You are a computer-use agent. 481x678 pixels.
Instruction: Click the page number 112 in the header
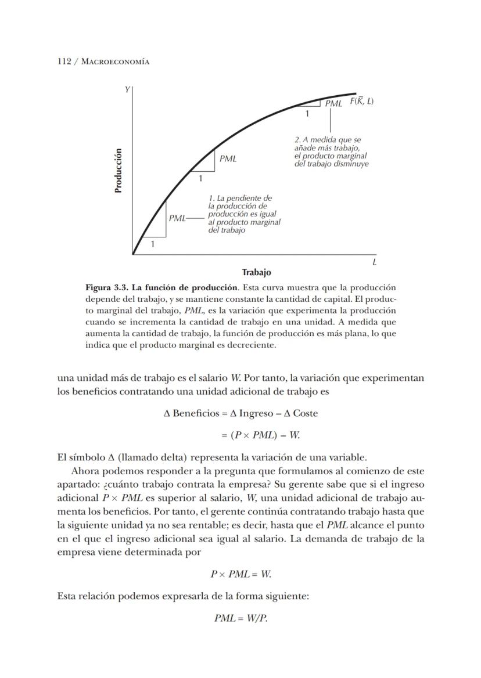coord(64,62)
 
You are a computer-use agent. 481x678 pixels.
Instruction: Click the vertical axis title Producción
coord(119,171)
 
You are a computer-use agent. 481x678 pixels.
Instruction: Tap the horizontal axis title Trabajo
coord(256,272)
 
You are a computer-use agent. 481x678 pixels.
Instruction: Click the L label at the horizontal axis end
coord(375,262)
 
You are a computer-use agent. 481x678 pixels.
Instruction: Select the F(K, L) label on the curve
coord(361,102)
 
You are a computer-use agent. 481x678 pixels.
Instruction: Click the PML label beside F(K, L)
coord(333,103)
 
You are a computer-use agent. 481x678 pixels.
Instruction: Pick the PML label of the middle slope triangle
coord(228,158)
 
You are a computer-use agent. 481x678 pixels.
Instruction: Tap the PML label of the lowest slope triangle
coord(177,218)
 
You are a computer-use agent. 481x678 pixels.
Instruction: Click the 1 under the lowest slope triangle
coord(153,244)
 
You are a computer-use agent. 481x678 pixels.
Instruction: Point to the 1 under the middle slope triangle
coord(201,179)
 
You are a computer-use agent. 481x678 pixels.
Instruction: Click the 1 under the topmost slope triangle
coord(307,114)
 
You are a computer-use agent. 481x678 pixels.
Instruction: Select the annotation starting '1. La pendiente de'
coord(243,214)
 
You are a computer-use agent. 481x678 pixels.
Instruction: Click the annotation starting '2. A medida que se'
coord(331,152)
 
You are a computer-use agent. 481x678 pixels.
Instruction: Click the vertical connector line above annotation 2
coord(330,120)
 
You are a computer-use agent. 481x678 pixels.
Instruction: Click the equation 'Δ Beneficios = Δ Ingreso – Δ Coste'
coord(240,413)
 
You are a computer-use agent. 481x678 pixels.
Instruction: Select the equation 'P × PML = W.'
coord(240,574)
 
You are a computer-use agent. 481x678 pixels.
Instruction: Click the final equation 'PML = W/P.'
coord(240,618)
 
